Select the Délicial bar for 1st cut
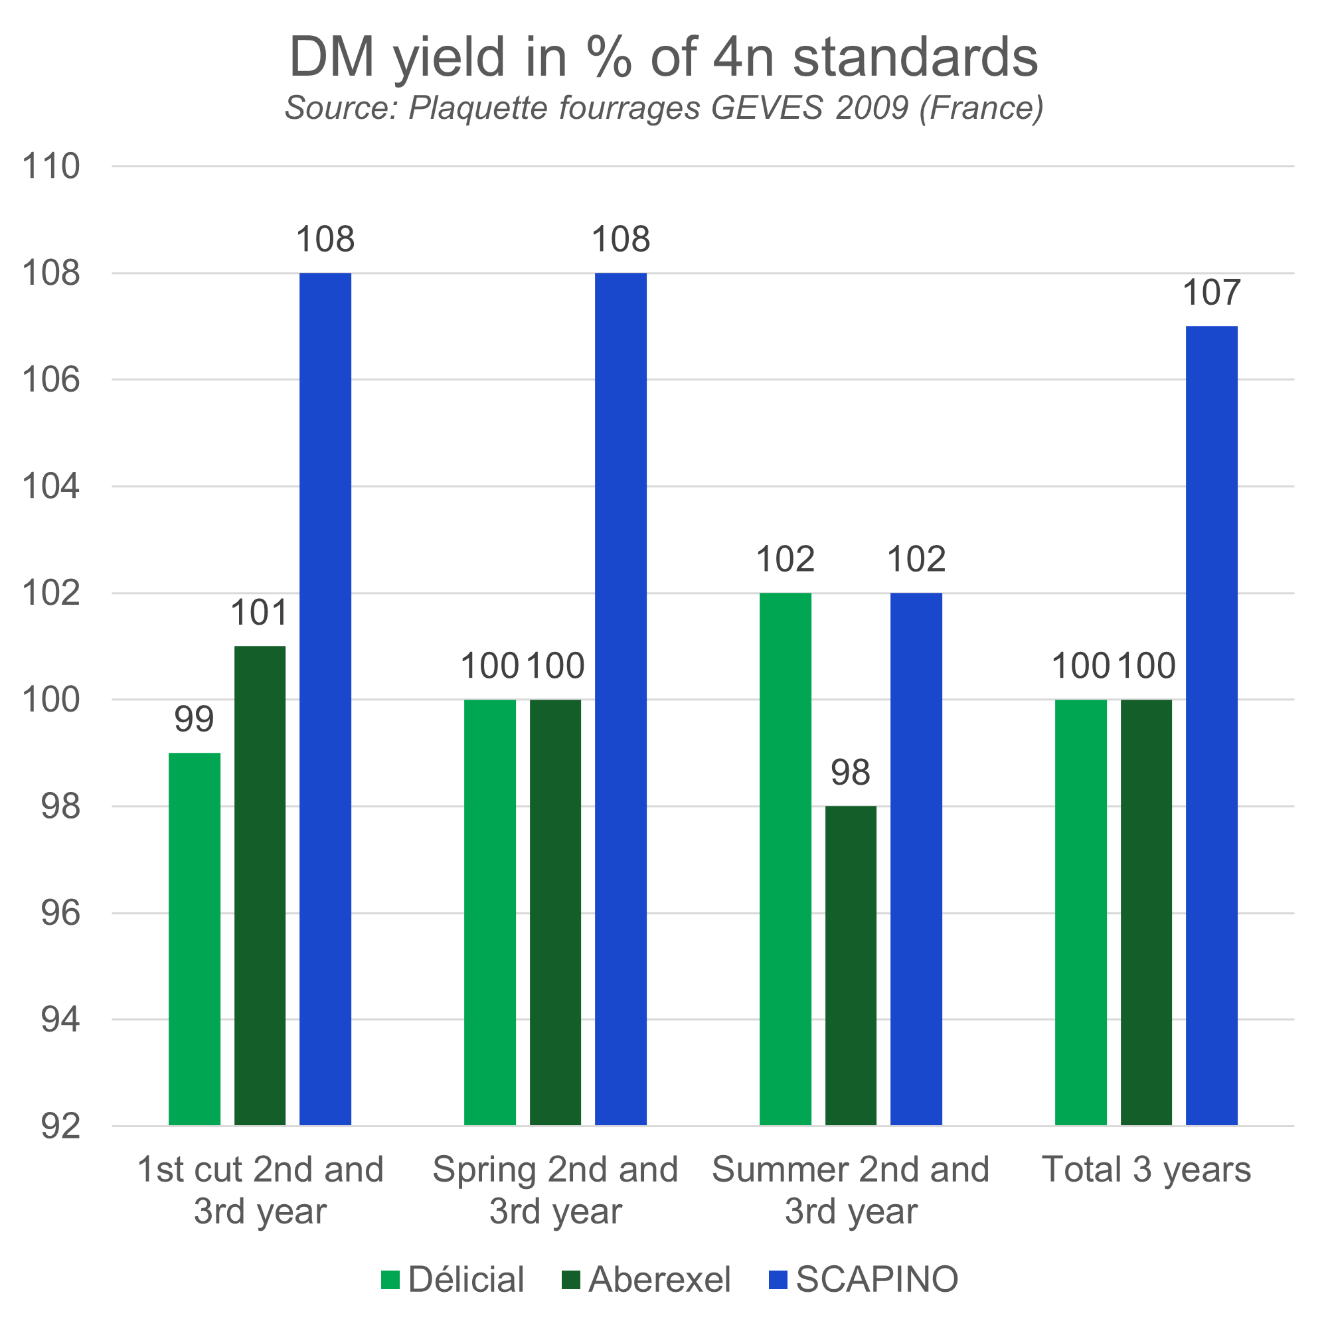tap(195, 939)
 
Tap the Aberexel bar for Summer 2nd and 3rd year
tap(851, 965)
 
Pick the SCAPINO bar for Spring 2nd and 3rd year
tap(621, 699)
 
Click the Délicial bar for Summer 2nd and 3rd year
tap(786, 859)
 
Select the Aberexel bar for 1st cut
tap(260, 885)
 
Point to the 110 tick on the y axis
tap(52, 167)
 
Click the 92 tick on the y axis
tap(60, 1128)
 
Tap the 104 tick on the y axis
tap(52, 487)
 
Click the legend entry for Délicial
tap(454, 1280)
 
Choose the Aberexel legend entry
tap(646, 1280)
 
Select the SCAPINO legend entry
tap(863, 1280)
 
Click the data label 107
tap(1211, 293)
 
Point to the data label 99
tap(194, 720)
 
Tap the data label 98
tap(851, 773)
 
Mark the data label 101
tap(258, 613)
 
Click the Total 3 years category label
tap(1146, 1170)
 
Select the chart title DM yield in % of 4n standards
tap(663, 56)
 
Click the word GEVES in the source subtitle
tap(766, 108)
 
